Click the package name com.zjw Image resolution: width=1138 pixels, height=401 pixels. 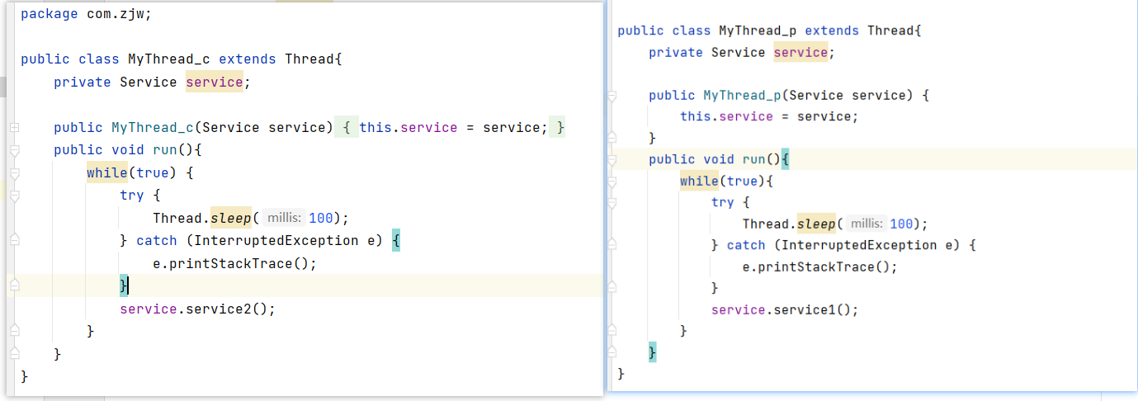point(115,14)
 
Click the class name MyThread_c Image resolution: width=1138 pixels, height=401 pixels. point(168,59)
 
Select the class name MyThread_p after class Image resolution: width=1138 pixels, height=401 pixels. point(758,31)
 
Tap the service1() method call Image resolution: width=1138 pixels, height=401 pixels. point(811,310)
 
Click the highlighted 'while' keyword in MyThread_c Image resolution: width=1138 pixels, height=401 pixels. point(106,172)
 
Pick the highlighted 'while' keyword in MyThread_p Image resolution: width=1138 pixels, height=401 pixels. point(699,181)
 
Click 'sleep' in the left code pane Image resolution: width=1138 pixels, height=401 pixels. point(230,218)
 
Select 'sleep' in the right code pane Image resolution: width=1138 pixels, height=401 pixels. point(816,224)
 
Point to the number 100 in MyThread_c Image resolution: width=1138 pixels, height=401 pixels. point(320,218)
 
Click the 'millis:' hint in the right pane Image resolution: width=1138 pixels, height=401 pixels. point(866,224)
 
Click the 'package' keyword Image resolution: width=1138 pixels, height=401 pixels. point(50,14)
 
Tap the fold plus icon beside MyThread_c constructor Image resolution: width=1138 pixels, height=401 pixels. point(15,128)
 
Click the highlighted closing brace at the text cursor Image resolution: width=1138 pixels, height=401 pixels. point(124,285)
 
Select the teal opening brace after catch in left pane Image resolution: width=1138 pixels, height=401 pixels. point(396,240)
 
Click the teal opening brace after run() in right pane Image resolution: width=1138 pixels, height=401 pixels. point(785,159)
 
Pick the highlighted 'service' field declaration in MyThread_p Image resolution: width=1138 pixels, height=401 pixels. point(800,52)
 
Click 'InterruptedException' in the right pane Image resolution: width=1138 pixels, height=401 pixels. point(859,245)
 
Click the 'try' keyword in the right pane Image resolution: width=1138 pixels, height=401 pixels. point(722,202)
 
